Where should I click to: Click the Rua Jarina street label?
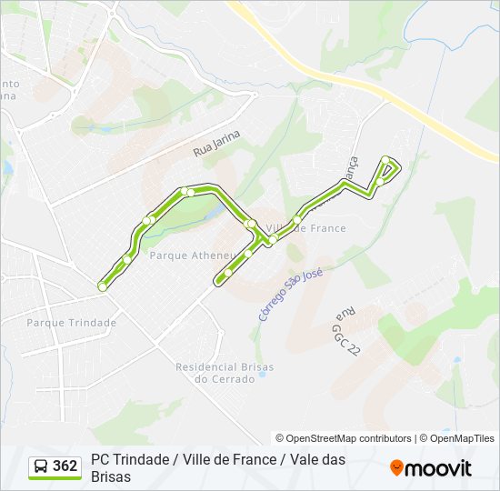click(216, 145)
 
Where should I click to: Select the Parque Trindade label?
click(71, 323)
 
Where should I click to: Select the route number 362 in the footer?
click(65, 466)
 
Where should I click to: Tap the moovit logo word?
click(438, 468)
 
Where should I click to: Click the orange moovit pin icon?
click(396, 467)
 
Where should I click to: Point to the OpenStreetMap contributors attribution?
click(344, 438)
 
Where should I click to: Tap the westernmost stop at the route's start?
click(103, 287)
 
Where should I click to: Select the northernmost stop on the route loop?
click(385, 161)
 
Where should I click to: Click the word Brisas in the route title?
click(111, 476)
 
